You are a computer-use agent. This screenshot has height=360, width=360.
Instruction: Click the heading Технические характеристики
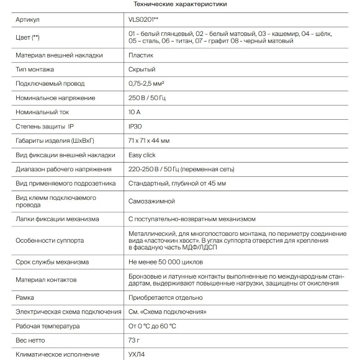(179, 4)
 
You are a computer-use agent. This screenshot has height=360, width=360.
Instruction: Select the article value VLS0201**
(145, 20)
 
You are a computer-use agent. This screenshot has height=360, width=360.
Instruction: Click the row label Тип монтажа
(36, 70)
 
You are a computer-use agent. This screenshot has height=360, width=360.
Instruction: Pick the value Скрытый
(142, 70)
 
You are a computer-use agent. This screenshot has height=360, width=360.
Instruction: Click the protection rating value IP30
(136, 127)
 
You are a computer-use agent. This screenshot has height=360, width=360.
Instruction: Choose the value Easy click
(143, 155)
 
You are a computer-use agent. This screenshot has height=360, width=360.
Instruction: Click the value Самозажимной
(151, 201)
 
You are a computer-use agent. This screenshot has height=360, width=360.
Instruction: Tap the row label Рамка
(25, 297)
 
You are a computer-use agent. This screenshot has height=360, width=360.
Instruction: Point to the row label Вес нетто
(32, 340)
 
